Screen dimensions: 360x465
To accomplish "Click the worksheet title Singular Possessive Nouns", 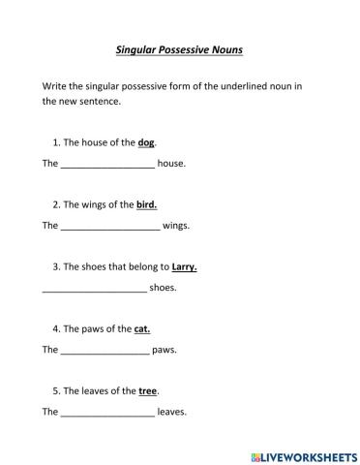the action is pyautogui.click(x=180, y=47).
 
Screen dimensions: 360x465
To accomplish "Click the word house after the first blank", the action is pyautogui.click(x=170, y=164).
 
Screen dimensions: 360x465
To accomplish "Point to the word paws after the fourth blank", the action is pyautogui.click(x=165, y=350).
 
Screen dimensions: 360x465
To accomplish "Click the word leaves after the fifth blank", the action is pyautogui.click(x=171, y=412).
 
